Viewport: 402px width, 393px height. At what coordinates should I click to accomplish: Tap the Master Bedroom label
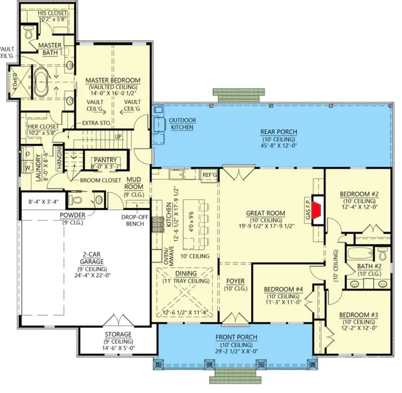(x=113, y=80)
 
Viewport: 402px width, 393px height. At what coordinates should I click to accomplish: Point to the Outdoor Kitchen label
(x=182, y=124)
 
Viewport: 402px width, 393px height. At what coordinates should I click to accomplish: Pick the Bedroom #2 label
(x=359, y=194)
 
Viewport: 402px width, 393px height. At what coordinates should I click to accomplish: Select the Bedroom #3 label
(x=359, y=315)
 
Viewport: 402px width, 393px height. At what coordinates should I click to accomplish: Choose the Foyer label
(x=235, y=281)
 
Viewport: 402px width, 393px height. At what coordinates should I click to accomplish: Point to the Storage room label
(x=118, y=334)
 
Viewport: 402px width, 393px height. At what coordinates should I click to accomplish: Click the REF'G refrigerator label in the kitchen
(x=209, y=175)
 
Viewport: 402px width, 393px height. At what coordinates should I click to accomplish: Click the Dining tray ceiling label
(x=185, y=281)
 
